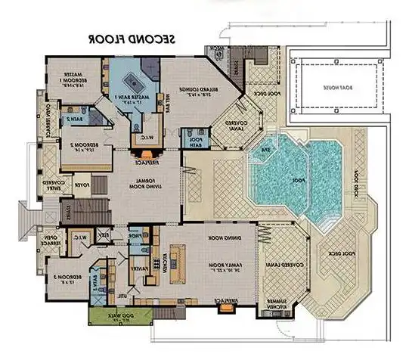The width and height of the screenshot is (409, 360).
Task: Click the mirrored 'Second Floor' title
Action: point(133,37)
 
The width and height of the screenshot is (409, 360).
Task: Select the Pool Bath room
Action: point(194,142)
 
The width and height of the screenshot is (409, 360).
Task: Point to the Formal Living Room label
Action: point(145,184)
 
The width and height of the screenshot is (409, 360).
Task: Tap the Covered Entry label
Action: point(54,184)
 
